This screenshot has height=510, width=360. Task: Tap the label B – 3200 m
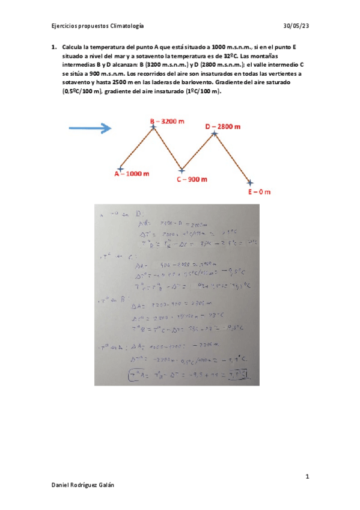click(x=167, y=121)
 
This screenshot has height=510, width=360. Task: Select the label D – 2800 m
click(x=223, y=126)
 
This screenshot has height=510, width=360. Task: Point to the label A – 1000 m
click(x=132, y=173)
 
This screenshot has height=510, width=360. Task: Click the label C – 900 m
click(x=192, y=179)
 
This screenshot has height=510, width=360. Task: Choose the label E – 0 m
click(x=260, y=192)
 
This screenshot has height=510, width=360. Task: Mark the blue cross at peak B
click(x=154, y=126)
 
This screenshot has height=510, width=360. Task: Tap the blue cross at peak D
click(x=215, y=132)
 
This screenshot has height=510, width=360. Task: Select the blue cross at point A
click(x=121, y=169)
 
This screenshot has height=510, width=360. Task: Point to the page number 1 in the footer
click(x=307, y=477)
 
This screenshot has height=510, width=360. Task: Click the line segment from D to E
click(x=233, y=158)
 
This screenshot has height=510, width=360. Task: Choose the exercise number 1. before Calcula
click(x=54, y=47)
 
